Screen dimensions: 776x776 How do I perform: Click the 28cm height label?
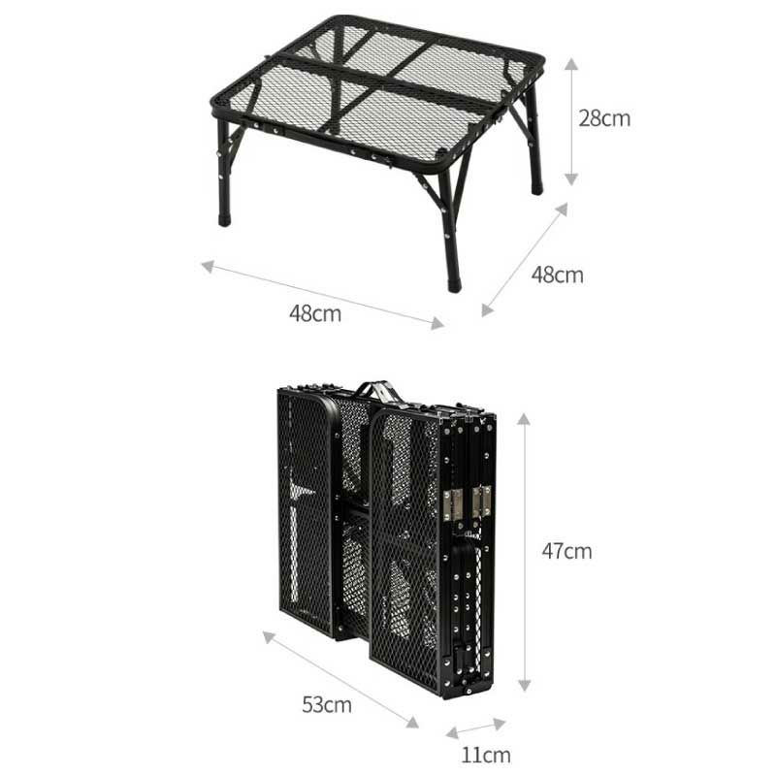(x=604, y=118)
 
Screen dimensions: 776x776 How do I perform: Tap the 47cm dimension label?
(x=566, y=551)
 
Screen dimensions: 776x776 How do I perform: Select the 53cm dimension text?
(x=327, y=705)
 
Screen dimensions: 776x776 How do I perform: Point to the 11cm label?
(x=486, y=756)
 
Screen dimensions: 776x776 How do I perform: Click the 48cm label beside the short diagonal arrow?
(x=557, y=275)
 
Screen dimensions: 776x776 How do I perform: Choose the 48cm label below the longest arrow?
(x=315, y=313)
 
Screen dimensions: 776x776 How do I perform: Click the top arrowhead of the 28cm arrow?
(x=571, y=63)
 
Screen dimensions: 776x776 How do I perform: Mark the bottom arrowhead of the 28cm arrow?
(x=571, y=180)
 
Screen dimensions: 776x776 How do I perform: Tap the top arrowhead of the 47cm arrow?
(x=524, y=419)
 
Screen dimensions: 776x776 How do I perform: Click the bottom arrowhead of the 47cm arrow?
(x=524, y=685)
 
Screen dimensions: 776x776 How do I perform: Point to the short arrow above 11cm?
(x=475, y=728)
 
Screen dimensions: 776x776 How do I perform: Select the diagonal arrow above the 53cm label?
(x=340, y=680)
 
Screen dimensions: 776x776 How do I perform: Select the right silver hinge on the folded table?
(x=482, y=501)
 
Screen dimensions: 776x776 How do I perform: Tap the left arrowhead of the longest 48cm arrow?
(x=208, y=267)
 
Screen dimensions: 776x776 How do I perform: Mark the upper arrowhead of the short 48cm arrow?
(x=562, y=209)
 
